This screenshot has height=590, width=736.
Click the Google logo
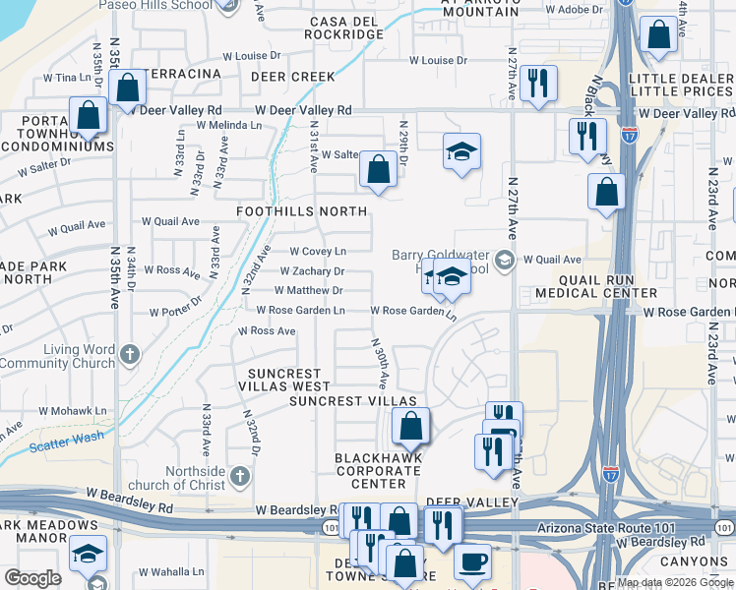tap(33, 578)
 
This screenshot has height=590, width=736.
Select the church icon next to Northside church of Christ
tap(241, 477)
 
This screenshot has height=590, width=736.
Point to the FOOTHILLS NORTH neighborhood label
tap(301, 211)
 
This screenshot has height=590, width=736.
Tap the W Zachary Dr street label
tap(312, 271)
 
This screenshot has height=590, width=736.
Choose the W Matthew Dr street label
tap(308, 291)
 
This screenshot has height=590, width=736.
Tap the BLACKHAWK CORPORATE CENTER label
tap(379, 471)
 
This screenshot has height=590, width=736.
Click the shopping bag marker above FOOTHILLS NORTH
tap(378, 168)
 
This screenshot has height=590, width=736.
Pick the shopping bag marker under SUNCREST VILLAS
tap(410, 426)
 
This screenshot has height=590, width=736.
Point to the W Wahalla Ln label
tap(171, 571)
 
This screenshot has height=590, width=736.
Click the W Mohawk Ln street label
tap(71, 411)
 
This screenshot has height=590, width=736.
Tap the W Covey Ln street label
tap(317, 252)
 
